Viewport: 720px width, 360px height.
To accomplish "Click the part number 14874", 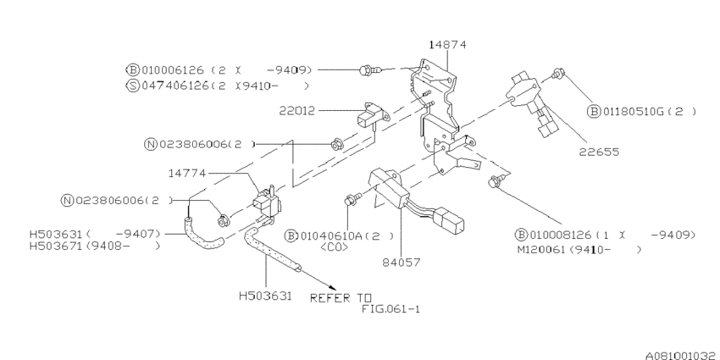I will [x=447, y=43].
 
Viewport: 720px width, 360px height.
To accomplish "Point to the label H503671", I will [x=58, y=246].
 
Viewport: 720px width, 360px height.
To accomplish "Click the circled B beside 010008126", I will [x=519, y=234].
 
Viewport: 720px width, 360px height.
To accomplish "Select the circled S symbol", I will [x=132, y=86].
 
